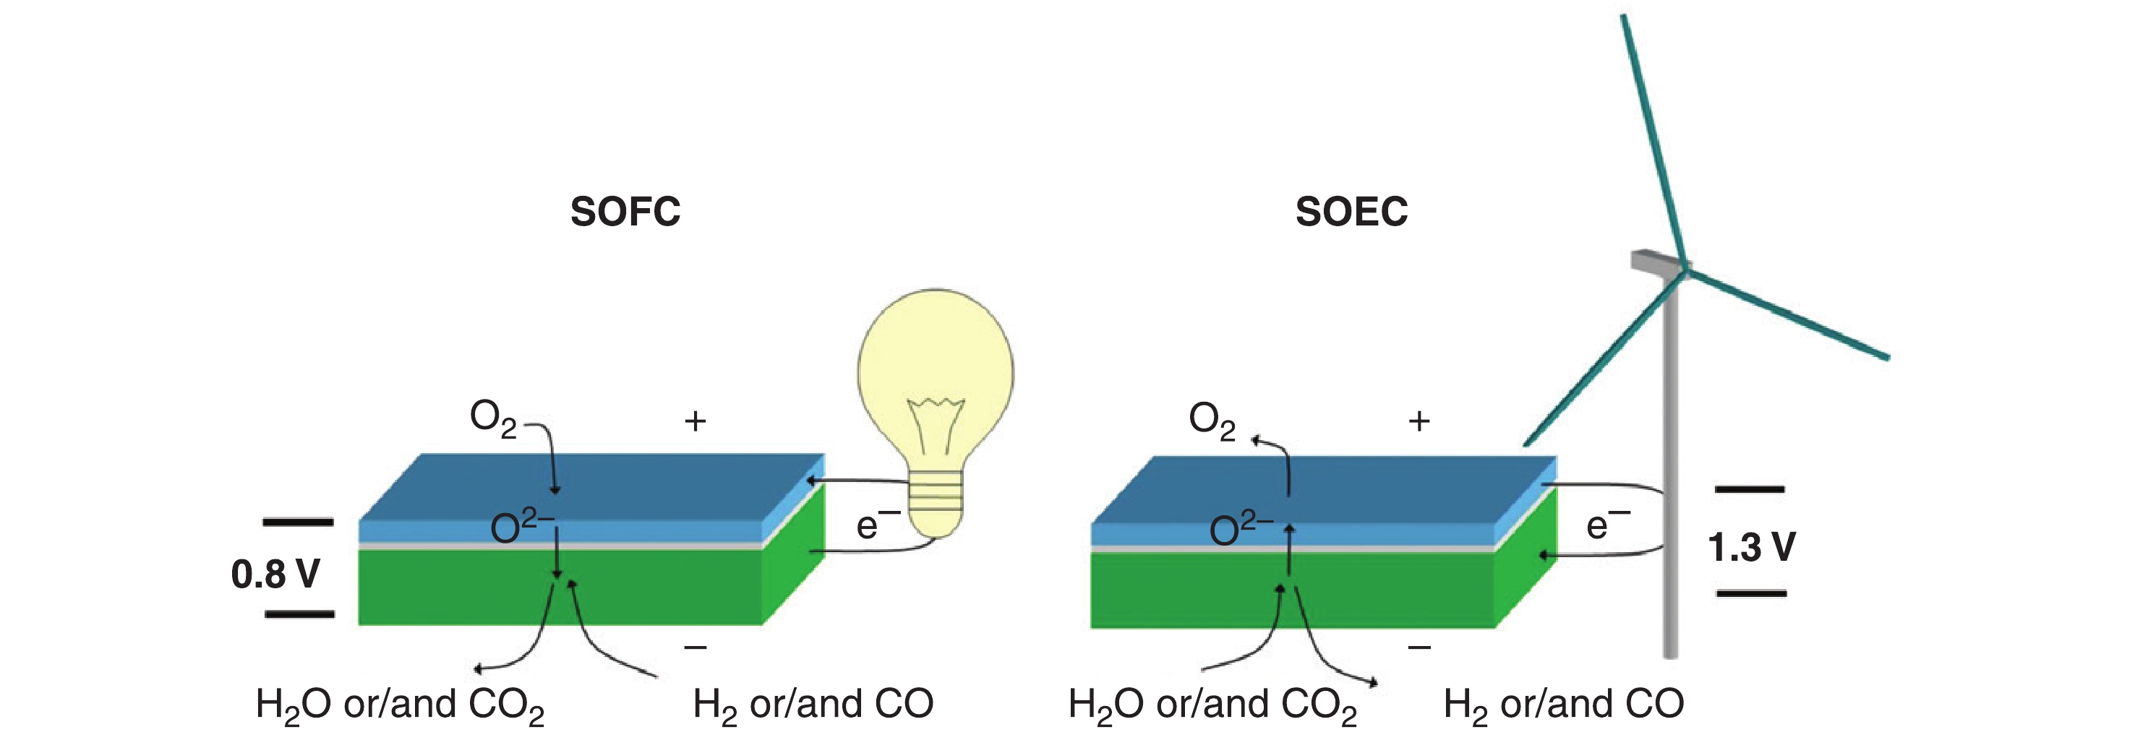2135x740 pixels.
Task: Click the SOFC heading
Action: click(625, 212)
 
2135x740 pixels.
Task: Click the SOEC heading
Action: click(1351, 212)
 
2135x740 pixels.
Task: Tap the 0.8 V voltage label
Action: click(275, 575)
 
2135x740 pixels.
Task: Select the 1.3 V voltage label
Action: click(1751, 548)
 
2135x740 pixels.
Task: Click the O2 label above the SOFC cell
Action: click(492, 418)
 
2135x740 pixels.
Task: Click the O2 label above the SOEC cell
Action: click(1212, 420)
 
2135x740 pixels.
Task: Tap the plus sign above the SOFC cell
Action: click(696, 421)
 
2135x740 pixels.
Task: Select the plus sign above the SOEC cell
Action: click(1419, 421)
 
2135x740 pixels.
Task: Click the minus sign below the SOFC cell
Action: click(696, 646)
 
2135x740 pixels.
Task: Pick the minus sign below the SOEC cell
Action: click(1419, 646)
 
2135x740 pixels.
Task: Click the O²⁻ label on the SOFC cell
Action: click(522, 526)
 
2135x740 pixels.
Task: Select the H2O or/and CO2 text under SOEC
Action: click(1212, 705)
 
